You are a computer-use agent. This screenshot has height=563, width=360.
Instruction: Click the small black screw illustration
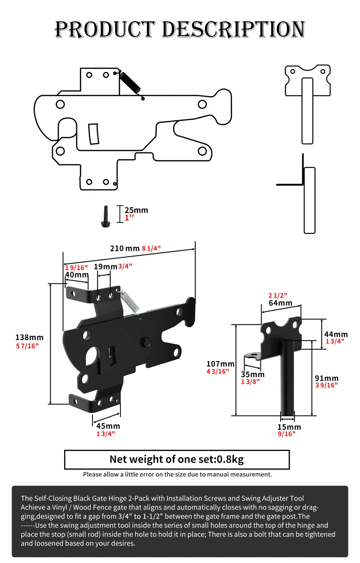coord(106,216)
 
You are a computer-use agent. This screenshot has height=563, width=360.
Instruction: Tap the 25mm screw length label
coord(136,210)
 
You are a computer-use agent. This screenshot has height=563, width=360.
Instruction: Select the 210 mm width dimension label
coord(125,248)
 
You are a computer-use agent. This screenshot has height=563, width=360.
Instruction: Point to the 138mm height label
coord(29,337)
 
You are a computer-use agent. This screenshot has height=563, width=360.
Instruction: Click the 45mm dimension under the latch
coord(108,426)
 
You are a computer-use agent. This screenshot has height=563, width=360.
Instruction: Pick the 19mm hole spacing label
coord(105,267)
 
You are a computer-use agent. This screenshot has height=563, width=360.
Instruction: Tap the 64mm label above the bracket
coord(281,303)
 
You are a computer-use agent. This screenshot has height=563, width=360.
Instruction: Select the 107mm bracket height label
coord(220,364)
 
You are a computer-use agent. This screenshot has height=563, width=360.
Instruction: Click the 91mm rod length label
coord(326,378)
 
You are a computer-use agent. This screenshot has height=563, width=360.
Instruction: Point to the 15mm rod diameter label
coord(289,427)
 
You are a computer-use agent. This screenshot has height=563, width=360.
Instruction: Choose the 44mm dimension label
coord(336,334)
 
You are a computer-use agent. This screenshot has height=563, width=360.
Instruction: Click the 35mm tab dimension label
coord(253,374)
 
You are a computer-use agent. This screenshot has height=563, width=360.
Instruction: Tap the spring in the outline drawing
coord(130,82)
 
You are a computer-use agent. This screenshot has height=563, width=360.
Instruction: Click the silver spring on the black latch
coord(130,301)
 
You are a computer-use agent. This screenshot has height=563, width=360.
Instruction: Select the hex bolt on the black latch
coord(147,342)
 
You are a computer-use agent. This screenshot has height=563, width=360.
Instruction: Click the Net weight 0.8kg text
coord(177,459)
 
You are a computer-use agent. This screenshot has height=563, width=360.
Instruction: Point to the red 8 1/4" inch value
coord(151,249)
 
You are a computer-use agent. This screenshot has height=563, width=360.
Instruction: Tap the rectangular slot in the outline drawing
coord(94,134)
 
